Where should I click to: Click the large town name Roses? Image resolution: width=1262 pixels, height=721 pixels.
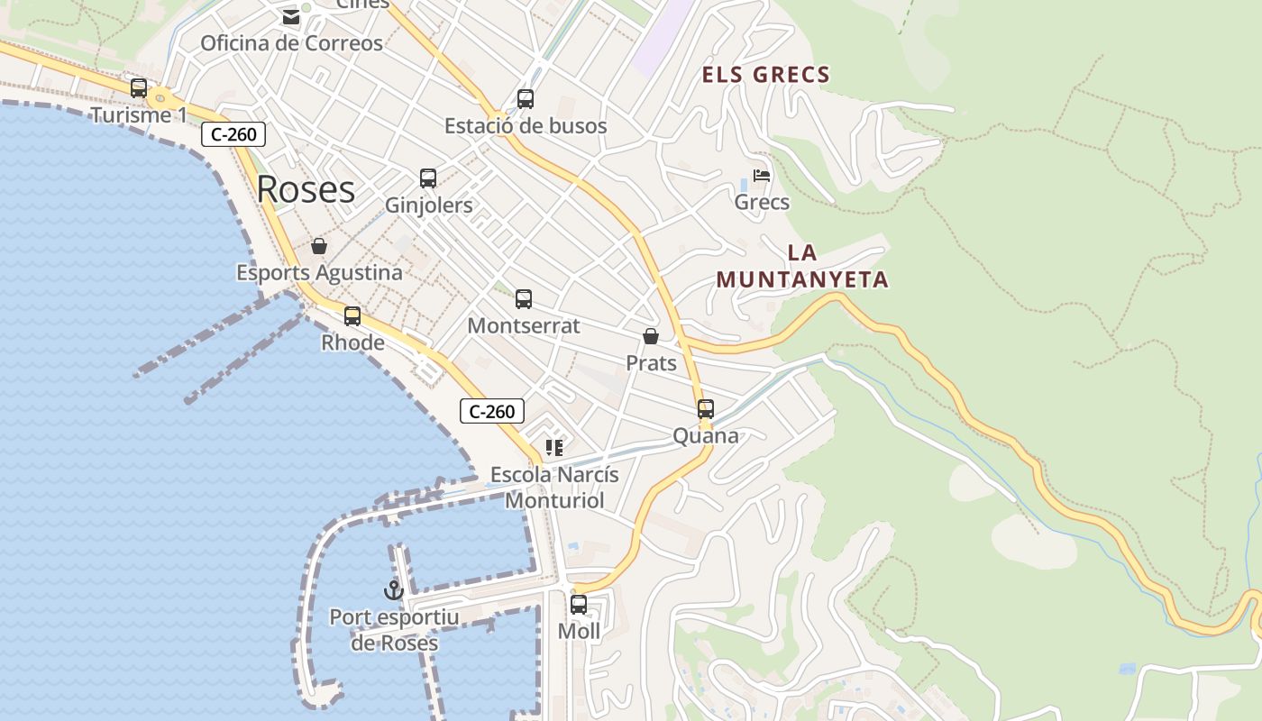coord(306,189)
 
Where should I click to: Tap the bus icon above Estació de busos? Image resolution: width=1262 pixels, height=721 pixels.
coord(526,99)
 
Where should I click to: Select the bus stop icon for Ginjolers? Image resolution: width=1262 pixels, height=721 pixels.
coord(428,178)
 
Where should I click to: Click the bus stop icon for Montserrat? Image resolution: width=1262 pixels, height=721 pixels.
coord(524,299)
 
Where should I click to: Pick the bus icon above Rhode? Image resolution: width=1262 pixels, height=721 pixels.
coord(352,316)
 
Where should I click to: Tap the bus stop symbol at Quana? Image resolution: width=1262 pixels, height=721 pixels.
coord(706,409)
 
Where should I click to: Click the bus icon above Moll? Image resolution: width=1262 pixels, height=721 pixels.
coord(579,605)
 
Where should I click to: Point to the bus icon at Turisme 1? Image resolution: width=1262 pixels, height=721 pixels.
coord(139,88)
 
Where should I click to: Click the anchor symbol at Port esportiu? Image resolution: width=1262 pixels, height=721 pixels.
coord(393,590)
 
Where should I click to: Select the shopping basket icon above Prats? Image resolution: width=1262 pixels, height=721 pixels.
coord(651,336)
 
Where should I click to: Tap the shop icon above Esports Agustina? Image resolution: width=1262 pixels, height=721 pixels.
coord(319,246)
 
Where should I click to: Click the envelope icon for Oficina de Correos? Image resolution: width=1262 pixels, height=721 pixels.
coord(291,17)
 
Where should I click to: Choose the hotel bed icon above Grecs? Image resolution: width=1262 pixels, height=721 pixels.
coord(762,175)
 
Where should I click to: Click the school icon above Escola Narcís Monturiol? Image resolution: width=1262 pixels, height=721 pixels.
coord(554,448)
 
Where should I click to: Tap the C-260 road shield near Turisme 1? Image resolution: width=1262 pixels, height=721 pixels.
coord(233,135)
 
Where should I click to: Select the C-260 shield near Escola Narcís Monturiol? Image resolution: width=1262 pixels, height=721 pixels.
coord(492,412)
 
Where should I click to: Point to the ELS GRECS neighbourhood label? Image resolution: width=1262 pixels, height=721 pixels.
coord(766,75)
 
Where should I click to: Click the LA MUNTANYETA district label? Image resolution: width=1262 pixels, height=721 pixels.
coord(802,267)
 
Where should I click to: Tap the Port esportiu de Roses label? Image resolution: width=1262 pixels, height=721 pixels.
coord(394,630)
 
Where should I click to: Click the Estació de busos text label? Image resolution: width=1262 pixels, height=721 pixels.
coord(526,126)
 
